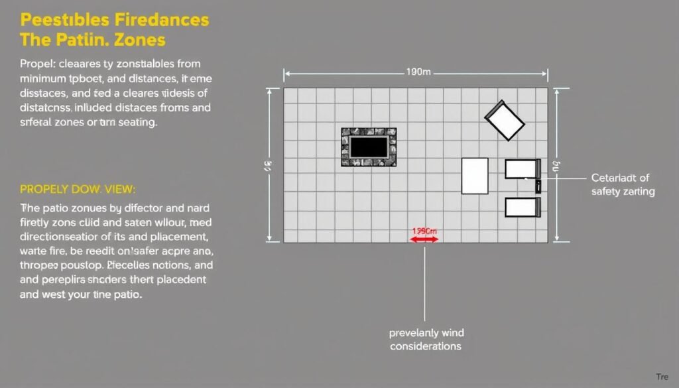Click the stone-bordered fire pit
tap(369, 147)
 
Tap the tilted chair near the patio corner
tap(505, 119)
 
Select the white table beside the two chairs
tap(475, 176)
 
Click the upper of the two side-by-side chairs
tap(523, 169)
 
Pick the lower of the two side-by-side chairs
tap(523, 208)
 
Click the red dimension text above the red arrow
tap(425, 231)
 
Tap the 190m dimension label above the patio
tap(417, 72)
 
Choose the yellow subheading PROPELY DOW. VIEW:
tap(78, 189)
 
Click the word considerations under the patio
tap(425, 346)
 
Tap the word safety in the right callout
tap(606, 192)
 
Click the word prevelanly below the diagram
tap(413, 333)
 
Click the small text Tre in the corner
tap(662, 377)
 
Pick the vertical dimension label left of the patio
tap(269, 166)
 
